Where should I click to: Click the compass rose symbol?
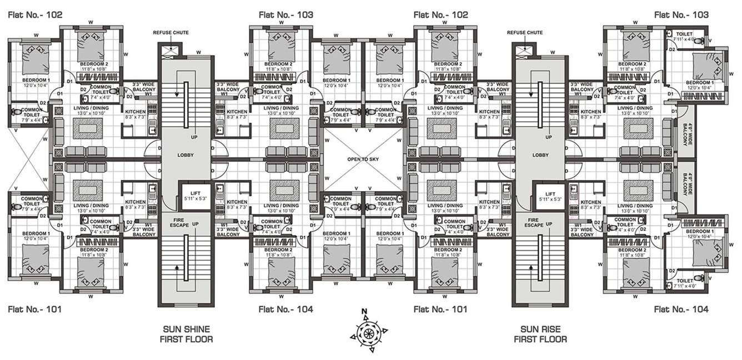point(368,333)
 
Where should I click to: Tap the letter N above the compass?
point(364,311)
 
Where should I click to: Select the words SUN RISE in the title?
point(539,328)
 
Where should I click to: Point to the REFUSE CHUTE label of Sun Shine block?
point(171,33)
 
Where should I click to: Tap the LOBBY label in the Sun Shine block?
point(185,155)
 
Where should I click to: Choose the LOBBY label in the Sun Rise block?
point(539,155)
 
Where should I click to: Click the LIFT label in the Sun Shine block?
point(194,192)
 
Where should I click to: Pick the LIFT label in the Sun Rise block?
point(549,192)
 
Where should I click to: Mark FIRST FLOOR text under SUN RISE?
point(540,339)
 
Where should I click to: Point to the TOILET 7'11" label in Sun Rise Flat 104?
point(684,283)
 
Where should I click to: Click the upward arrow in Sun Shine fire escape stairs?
point(177,268)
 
